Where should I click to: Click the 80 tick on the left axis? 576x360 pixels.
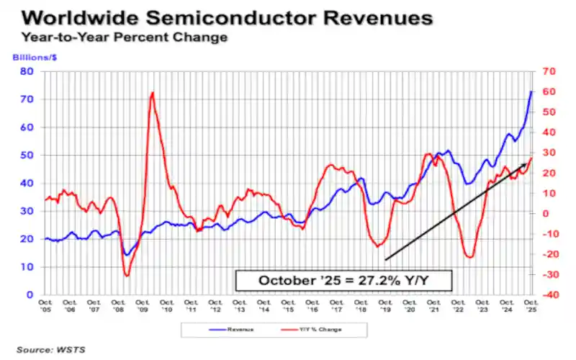(x=27, y=71)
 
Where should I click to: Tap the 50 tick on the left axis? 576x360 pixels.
(x=27, y=156)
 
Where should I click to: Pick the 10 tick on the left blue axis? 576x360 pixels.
(x=27, y=267)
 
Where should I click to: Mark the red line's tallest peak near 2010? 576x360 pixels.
(x=152, y=93)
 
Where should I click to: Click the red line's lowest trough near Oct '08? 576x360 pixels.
(x=127, y=275)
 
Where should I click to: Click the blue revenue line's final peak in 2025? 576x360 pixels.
(x=531, y=91)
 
